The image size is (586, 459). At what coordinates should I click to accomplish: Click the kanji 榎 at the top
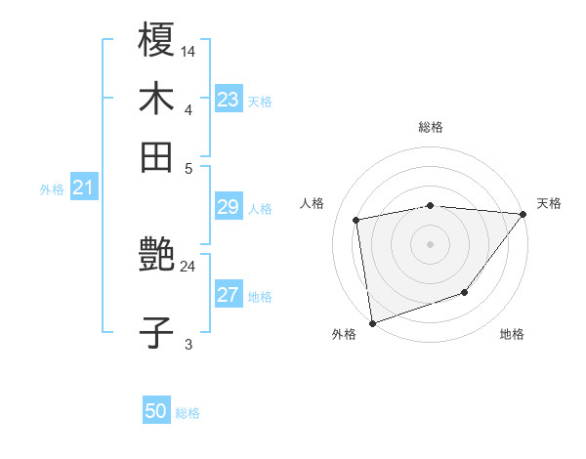click(x=157, y=43)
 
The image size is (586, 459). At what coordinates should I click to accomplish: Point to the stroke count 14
click(x=188, y=52)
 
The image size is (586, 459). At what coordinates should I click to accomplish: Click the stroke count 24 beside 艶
click(x=188, y=266)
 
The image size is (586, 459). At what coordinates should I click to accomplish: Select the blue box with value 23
click(x=229, y=100)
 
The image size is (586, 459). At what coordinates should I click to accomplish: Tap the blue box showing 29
click(x=229, y=207)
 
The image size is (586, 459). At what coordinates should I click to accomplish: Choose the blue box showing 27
click(x=229, y=296)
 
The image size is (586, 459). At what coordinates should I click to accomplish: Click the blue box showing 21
click(x=83, y=188)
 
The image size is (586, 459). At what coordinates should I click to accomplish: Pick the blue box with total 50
click(x=156, y=412)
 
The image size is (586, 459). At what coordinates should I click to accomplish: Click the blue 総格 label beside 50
click(x=188, y=413)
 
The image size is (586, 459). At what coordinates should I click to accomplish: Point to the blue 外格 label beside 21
click(x=51, y=189)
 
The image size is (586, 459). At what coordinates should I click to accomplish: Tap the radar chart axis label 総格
click(x=431, y=127)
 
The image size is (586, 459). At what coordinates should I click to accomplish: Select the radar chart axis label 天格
click(x=549, y=203)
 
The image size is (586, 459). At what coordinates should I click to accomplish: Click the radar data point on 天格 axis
click(x=524, y=214)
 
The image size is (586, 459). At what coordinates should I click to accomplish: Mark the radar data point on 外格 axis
click(x=372, y=322)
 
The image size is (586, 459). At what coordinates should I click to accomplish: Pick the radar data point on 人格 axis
click(x=357, y=220)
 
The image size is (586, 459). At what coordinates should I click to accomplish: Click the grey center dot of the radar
click(x=430, y=243)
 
